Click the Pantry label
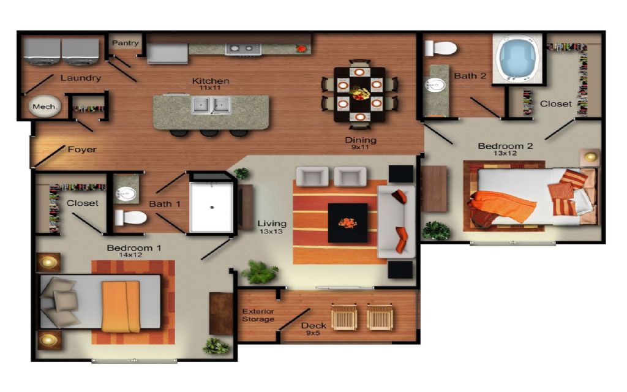[x=125, y=43]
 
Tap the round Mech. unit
[x=44, y=107]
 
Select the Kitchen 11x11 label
[x=211, y=83]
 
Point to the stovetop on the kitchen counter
[x=243, y=49]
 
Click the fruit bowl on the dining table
[x=359, y=94]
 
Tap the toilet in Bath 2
[x=440, y=49]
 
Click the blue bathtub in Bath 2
[x=517, y=58]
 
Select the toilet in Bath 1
[x=130, y=218]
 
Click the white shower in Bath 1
[x=211, y=207]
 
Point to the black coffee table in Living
[x=348, y=223]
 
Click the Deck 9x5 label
[x=313, y=329]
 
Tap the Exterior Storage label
[x=258, y=315]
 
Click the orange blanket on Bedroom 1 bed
[x=121, y=306]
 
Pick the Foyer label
[x=82, y=149]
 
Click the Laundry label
[x=80, y=78]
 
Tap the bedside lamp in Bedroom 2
[x=590, y=156]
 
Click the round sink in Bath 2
[x=435, y=85]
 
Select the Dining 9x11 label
[x=360, y=143]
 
